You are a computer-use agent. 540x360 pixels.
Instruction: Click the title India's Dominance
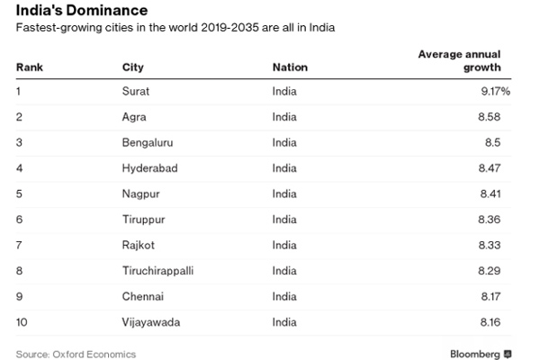[x=78, y=13]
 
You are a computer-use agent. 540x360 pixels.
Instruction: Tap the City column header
[x=131, y=67]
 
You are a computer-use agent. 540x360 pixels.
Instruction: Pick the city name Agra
[x=134, y=117]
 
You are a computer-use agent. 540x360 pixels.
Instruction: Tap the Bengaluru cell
[x=146, y=142]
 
